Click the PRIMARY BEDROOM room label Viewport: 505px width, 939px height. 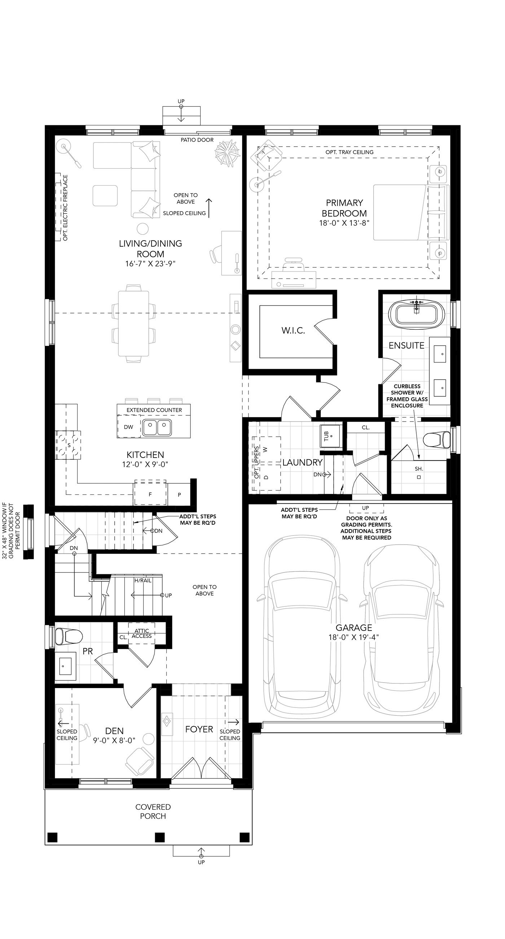tap(344, 208)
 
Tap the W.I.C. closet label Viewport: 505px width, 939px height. tap(293, 330)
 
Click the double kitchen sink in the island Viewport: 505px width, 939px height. tap(157, 428)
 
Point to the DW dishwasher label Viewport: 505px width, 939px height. tap(128, 427)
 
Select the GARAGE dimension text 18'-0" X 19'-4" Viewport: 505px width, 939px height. tap(354, 637)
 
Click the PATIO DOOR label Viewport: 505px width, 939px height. tap(197, 140)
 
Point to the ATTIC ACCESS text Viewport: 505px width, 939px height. tap(142, 633)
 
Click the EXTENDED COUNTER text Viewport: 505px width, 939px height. tap(154, 410)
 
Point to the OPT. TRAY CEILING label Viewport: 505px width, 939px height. tap(349, 152)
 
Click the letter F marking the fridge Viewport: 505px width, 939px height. tap(150, 495)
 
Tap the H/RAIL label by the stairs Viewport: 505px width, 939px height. tap(143, 580)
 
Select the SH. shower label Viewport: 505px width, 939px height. tap(419, 468)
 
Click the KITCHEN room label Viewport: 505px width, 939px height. tap(145, 455)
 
